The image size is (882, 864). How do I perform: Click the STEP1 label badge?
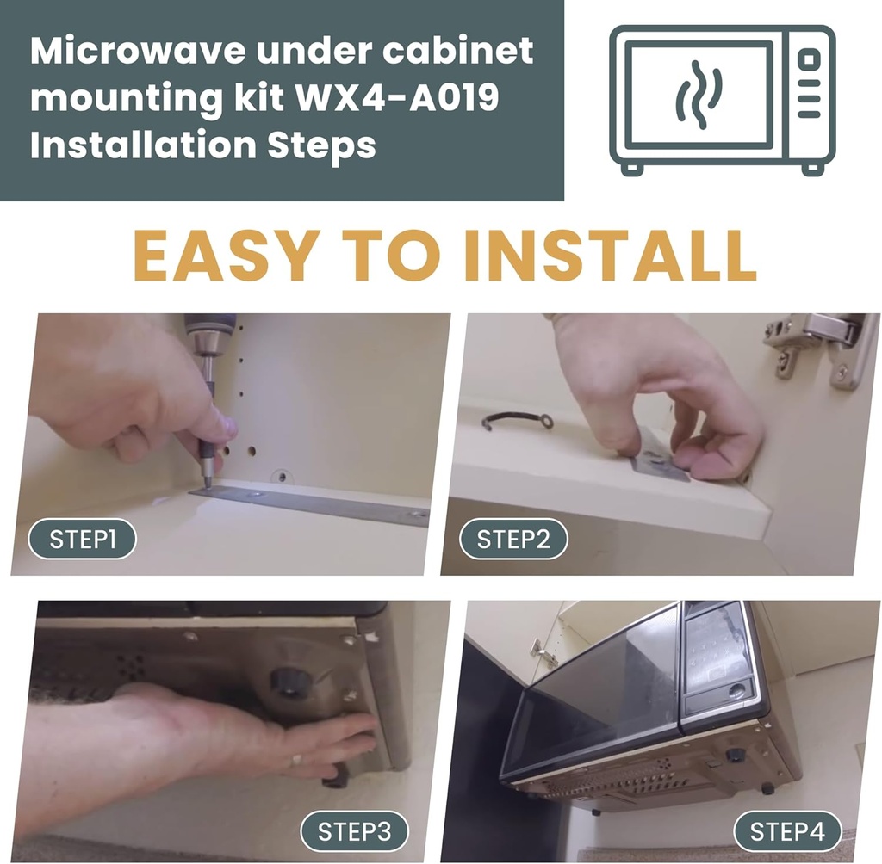coord(83,540)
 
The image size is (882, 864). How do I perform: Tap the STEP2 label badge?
coord(513,540)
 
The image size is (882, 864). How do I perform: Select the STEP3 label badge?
coord(354,832)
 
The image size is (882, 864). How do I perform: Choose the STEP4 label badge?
coord(786,832)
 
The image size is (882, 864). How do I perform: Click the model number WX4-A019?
coord(399,99)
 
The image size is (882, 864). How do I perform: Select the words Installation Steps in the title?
coord(203,145)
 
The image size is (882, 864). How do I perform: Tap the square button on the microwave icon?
coord(809,59)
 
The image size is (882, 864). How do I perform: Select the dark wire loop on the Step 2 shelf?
coord(517,420)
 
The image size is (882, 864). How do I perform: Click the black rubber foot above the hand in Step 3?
coord(290,682)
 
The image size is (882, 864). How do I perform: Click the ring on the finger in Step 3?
coord(295,760)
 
